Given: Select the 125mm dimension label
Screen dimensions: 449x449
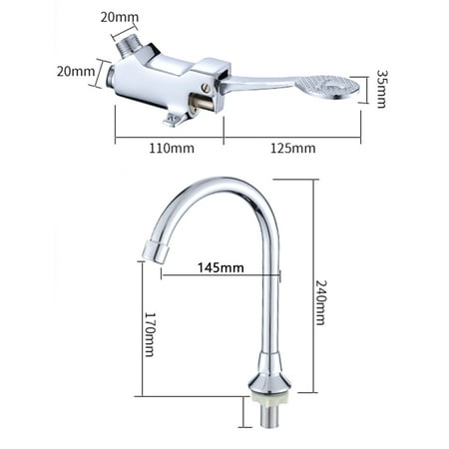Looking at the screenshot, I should (293, 149).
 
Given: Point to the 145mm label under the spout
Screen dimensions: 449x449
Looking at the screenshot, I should (220, 266).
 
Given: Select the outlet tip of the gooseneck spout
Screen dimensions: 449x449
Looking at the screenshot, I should (152, 248).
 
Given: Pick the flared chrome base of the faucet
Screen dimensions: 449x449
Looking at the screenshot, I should (266, 373).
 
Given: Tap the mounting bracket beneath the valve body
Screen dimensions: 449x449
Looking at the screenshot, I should (178, 121).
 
